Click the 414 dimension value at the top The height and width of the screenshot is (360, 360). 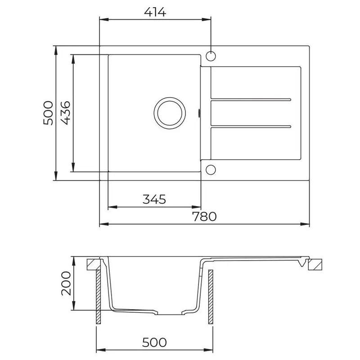[x=155, y=12]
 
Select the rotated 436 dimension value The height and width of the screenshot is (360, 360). [x=65, y=113]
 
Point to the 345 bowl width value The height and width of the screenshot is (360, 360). [x=155, y=199]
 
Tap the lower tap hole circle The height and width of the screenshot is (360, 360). [x=211, y=169]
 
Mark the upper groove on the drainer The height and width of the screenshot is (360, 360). [x=252, y=99]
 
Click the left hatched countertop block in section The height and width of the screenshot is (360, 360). [x=94, y=264]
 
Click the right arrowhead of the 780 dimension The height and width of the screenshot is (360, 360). [x=307, y=224]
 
